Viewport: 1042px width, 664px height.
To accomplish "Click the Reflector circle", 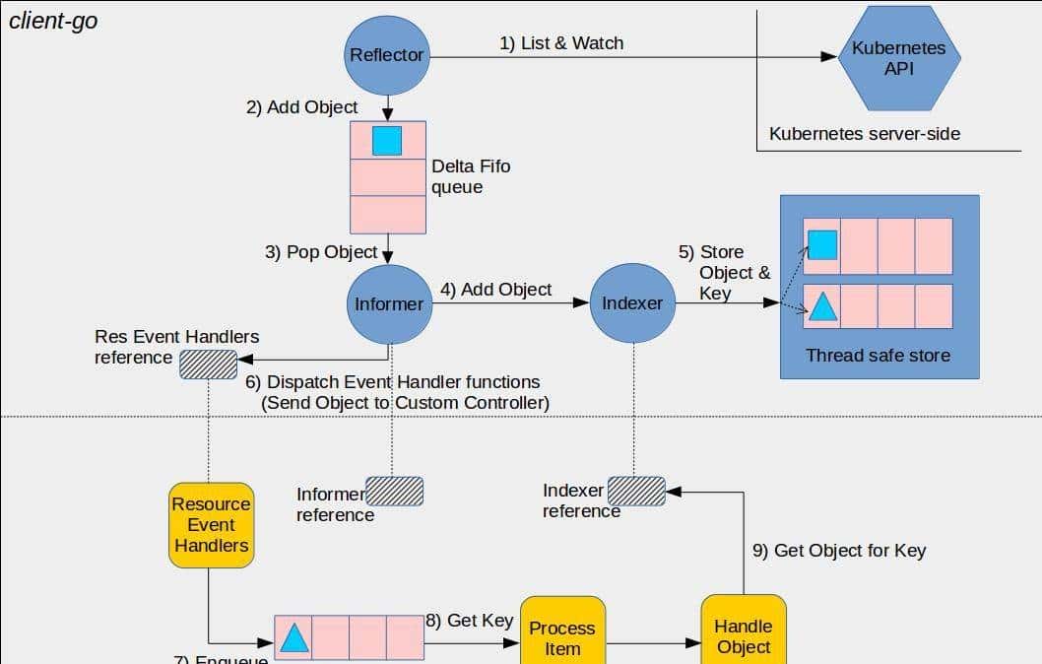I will coord(387,55).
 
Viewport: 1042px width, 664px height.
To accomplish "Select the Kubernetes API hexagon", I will coord(898,58).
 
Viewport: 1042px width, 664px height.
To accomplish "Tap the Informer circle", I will coord(388,303).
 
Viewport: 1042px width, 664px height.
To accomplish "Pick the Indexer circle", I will coord(632,303).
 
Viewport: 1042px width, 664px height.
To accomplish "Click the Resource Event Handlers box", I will coord(211,525).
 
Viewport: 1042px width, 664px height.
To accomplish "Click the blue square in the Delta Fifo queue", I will coord(387,141).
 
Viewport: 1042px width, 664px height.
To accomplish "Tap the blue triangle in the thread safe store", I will coord(821,307).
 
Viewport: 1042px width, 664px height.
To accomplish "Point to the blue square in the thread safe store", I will coord(821,244).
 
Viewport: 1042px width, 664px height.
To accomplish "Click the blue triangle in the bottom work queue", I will coord(293,638).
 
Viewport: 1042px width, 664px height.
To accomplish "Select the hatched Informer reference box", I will coord(394,492).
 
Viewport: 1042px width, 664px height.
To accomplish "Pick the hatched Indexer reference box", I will coord(636,491).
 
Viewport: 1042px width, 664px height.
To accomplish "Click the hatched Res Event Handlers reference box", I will coord(208,365).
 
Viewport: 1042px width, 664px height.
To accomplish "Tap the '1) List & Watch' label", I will coord(561,43).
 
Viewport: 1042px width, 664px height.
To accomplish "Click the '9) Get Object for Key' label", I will coord(839,551).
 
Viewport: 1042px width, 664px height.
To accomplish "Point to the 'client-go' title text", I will coord(53,21).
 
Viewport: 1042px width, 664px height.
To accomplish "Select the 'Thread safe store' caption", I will coord(879,356).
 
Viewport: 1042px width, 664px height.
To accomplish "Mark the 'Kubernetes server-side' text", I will coord(864,133).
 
